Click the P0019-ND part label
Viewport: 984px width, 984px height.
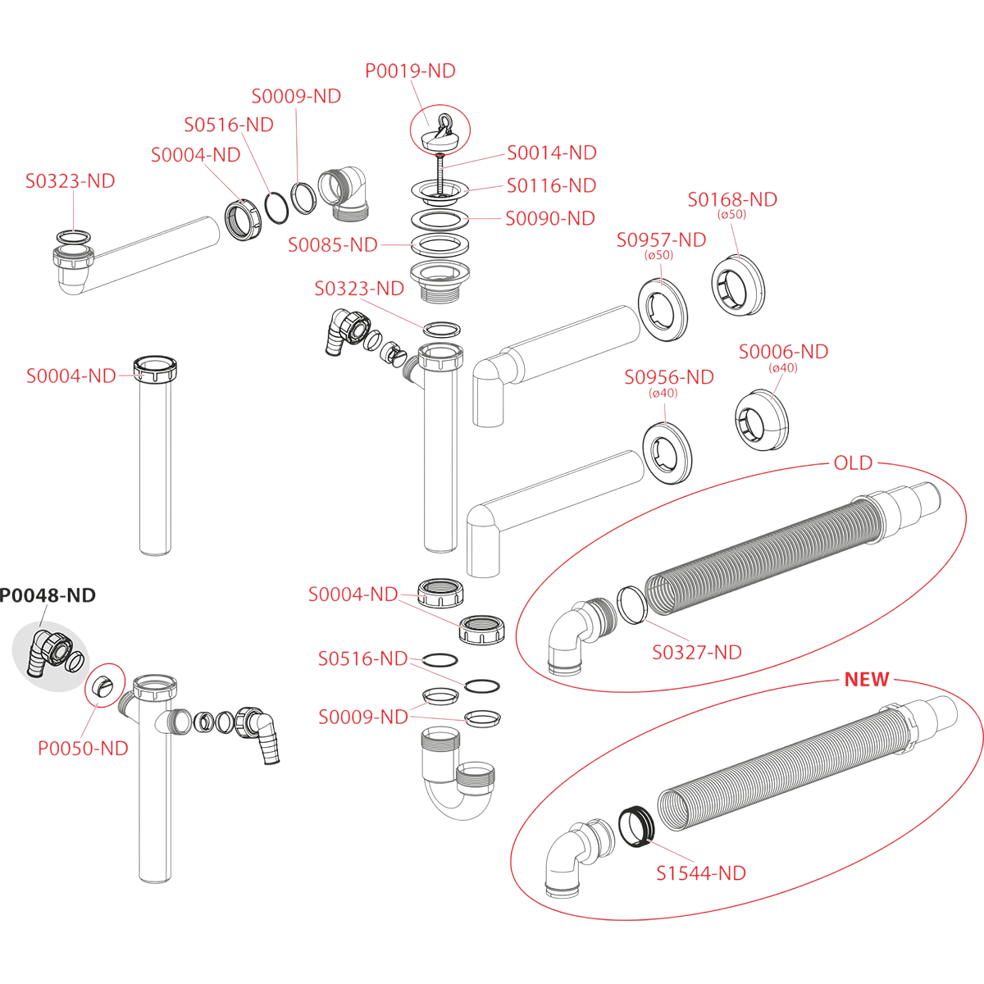point(410,71)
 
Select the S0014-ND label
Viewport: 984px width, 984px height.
point(551,153)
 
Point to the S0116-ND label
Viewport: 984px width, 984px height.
point(551,186)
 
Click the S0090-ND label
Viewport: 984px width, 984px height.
point(549,219)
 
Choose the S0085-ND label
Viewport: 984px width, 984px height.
point(332,245)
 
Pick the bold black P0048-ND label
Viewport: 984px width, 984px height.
point(48,595)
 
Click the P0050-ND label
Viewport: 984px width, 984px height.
point(83,749)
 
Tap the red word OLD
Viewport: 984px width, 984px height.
point(853,463)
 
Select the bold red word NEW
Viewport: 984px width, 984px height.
point(867,680)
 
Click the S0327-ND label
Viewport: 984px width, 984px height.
point(697,653)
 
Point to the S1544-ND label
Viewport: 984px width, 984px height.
point(701,873)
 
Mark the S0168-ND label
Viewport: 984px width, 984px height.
point(732,200)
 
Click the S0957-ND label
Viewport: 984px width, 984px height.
point(661,240)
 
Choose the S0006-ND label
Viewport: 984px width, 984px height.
point(783,352)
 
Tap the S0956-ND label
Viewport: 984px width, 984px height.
point(669,377)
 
